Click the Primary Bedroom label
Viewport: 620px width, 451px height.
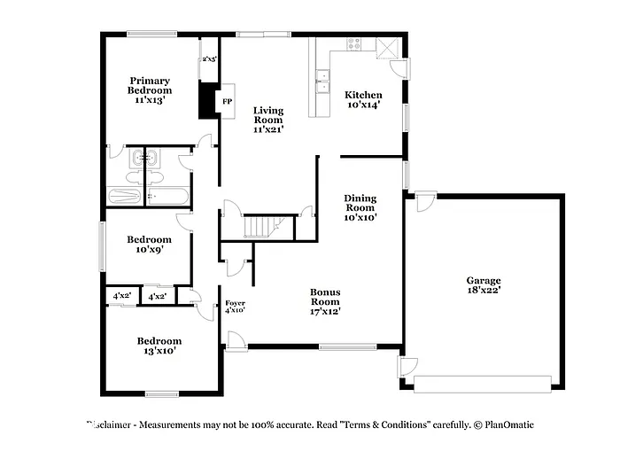[149, 90]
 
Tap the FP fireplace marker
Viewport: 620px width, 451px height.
[227, 101]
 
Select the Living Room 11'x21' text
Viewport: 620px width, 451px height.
[267, 120]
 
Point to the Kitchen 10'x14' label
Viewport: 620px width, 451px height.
[363, 99]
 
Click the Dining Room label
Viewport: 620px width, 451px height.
[360, 207]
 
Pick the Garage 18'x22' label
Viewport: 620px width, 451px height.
[484, 284]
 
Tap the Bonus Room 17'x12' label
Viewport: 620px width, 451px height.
[325, 301]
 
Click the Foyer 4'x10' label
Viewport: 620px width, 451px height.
[235, 307]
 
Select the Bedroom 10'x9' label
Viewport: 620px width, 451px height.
[148, 245]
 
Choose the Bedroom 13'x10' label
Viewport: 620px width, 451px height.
[159, 346]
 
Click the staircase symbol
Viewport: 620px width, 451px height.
[262, 227]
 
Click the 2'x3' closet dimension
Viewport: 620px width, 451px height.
[209, 59]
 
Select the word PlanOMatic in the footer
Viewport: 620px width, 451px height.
[508, 425]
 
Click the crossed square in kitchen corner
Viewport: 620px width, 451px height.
[387, 48]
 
